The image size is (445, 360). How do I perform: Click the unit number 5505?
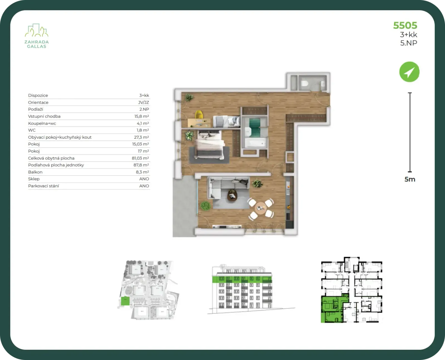(x=405, y=26)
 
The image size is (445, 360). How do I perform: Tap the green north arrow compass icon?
(x=409, y=72)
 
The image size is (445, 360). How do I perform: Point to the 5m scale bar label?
(x=410, y=179)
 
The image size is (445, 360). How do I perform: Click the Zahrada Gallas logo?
(x=36, y=36)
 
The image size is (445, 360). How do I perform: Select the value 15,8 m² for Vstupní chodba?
(x=142, y=116)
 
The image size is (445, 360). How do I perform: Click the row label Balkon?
(x=35, y=172)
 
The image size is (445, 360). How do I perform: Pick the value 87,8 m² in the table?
(x=141, y=165)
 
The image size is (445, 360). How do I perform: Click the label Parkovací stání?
(x=43, y=186)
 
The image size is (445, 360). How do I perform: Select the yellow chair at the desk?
(x=199, y=115)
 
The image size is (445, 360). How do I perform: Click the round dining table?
(x=261, y=208)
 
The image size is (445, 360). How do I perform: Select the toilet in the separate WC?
(x=305, y=84)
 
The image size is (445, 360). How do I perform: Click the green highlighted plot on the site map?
(x=125, y=301)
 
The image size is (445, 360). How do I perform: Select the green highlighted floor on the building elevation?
(x=242, y=279)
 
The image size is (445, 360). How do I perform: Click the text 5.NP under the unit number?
(x=409, y=43)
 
